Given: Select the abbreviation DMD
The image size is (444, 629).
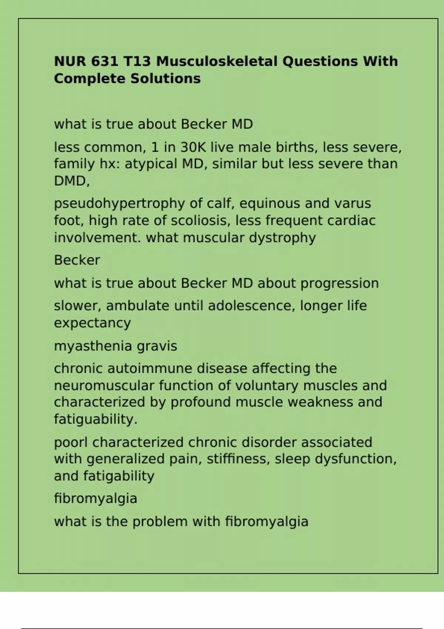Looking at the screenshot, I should (71, 181).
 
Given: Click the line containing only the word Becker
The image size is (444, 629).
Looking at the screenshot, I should (77, 260).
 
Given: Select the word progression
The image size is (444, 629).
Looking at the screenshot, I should (339, 284).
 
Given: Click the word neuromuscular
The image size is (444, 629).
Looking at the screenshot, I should (104, 386).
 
